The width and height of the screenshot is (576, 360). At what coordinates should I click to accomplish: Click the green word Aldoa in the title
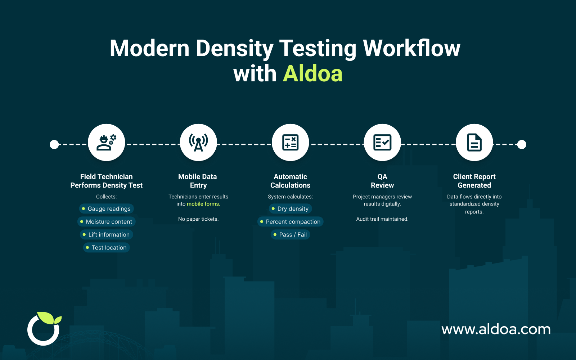point(312,74)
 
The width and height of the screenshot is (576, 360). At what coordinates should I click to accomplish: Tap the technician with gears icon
point(106,143)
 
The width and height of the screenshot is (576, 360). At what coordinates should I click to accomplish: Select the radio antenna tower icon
point(198,143)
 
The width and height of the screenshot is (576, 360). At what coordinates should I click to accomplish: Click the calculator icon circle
point(290,143)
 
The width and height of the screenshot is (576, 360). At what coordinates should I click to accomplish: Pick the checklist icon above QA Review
point(382,143)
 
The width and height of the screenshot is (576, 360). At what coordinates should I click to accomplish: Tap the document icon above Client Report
point(474,143)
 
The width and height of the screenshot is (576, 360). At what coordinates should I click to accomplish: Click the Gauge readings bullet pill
point(107,209)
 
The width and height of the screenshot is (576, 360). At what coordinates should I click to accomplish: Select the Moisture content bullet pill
point(107,222)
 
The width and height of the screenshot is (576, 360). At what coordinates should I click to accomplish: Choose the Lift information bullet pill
point(107,235)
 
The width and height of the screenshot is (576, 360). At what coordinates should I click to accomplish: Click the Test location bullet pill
point(107,248)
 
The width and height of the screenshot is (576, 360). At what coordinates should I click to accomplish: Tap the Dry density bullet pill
point(291,209)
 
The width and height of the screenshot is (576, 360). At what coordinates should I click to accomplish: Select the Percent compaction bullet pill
point(291,222)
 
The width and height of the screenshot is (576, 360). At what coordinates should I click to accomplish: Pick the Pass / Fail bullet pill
point(291,235)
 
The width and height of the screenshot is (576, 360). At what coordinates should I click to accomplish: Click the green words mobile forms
point(203,204)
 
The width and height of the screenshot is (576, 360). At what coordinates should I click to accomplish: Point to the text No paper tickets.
point(198,219)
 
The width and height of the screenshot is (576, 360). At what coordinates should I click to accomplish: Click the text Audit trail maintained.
point(382,219)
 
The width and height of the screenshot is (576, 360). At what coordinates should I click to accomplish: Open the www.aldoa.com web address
point(496,329)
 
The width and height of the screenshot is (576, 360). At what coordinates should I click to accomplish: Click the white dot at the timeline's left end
point(54,145)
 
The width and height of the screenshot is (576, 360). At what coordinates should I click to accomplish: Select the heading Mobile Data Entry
point(198,181)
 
